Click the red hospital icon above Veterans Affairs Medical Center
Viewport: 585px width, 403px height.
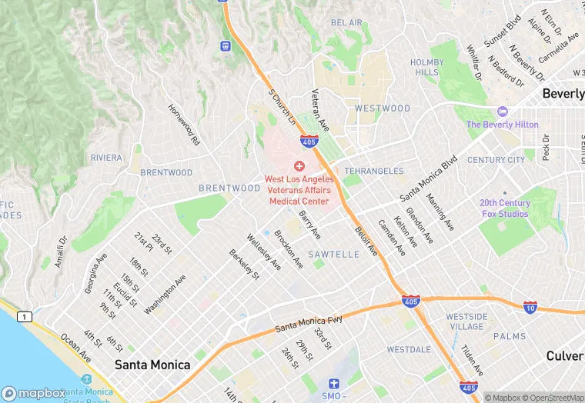pos(299,166)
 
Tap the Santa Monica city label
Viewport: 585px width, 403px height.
pos(152,365)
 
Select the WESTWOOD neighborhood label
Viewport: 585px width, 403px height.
pos(383,108)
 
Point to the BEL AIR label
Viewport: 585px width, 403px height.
pos(346,23)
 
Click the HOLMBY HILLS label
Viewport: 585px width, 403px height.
pos(427,67)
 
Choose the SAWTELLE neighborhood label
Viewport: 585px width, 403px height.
pos(333,254)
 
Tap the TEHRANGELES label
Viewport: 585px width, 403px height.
pos(374,171)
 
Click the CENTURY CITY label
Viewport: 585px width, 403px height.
pos(496,160)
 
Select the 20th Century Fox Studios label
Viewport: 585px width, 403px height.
pos(505,208)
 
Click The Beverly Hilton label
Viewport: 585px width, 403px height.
pos(502,125)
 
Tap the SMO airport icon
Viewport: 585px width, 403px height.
pos(333,383)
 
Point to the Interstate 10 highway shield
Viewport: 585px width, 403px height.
pos(530,307)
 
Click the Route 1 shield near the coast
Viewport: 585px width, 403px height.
pos(26,316)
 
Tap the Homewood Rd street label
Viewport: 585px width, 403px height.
pos(185,125)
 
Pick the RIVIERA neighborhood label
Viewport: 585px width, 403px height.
pos(106,158)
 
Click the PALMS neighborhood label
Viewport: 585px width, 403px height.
pos(510,336)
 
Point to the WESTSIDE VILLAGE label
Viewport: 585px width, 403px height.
pos(466,321)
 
